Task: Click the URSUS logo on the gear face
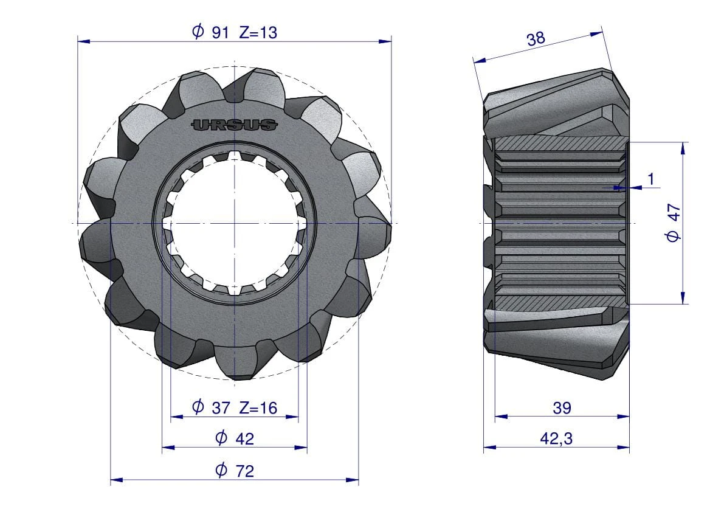[235, 125]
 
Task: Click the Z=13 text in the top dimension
[258, 33]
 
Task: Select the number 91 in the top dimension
[219, 33]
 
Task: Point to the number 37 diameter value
[220, 407]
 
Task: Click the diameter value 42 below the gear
[244, 438]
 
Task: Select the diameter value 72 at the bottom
[244, 470]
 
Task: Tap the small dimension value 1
[651, 179]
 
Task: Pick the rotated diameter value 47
[673, 223]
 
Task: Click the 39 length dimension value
[562, 407]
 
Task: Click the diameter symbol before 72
[221, 469]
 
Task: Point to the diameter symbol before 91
[198, 32]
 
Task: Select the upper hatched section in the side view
[560, 144]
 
